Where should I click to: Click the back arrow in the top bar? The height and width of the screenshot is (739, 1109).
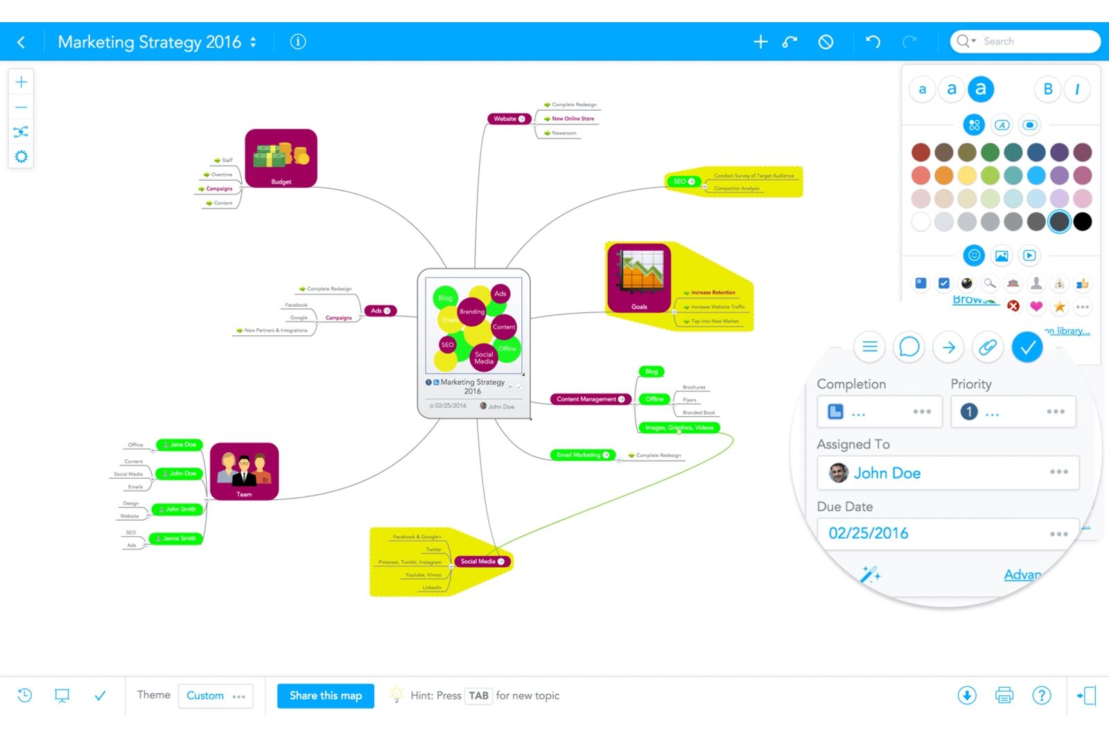pyautogui.click(x=21, y=42)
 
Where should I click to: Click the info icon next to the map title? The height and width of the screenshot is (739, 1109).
pyautogui.click(x=298, y=42)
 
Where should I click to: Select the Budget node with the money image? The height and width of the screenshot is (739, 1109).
pyautogui.click(x=281, y=158)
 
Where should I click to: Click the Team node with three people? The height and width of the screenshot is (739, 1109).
pyautogui.click(x=244, y=471)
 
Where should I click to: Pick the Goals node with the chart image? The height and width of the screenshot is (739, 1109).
pyautogui.click(x=639, y=278)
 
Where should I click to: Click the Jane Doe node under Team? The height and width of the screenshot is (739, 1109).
pyautogui.click(x=180, y=445)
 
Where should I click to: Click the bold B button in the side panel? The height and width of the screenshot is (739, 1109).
pyautogui.click(x=1047, y=89)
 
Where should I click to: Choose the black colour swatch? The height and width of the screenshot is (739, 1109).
pyautogui.click(x=1082, y=222)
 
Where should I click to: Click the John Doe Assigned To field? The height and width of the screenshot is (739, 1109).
pyautogui.click(x=947, y=473)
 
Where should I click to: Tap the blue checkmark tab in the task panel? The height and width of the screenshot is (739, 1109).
pyautogui.click(x=1027, y=347)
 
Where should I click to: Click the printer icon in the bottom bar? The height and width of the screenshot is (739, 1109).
pyautogui.click(x=1004, y=695)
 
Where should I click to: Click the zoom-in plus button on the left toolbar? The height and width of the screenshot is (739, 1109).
pyautogui.click(x=21, y=82)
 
